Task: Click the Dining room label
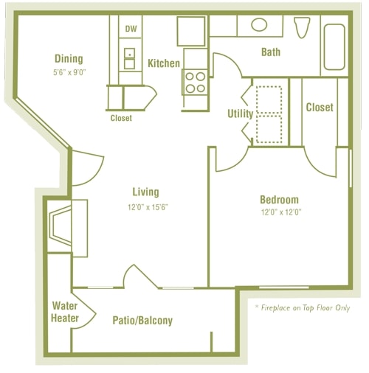68,59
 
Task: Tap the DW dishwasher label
131,29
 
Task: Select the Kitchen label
163,63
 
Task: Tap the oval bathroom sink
259,24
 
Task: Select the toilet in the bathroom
300,27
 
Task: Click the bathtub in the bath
334,47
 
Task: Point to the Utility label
240,114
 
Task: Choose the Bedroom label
279,200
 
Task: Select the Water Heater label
65,313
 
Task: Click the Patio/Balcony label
142,321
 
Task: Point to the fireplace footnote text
302,307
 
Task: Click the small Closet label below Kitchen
121,118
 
